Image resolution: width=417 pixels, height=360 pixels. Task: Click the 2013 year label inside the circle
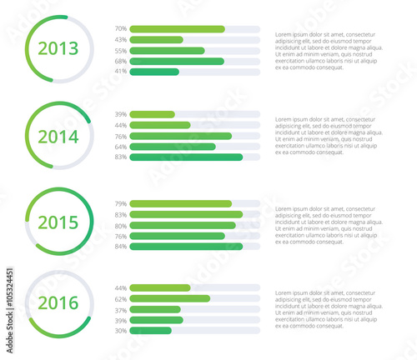click(58, 48)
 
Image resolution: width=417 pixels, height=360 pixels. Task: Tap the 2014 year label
click(58, 136)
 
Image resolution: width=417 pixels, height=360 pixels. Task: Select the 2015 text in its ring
click(58, 222)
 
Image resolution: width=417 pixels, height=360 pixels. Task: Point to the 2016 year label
click(58, 302)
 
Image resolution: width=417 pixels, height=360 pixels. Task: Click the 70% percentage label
click(121, 29)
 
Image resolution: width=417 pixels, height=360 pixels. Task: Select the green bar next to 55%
click(167, 51)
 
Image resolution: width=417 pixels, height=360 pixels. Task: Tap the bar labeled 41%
click(154, 72)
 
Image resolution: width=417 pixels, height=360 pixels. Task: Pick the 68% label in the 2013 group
click(121, 62)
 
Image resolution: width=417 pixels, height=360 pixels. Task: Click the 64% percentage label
click(121, 147)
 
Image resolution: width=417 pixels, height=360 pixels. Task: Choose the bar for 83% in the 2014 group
click(186, 157)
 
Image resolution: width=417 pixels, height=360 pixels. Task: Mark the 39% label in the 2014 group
click(121, 114)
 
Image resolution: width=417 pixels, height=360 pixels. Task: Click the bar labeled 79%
click(180, 204)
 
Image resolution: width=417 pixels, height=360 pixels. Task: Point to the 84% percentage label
click(121, 247)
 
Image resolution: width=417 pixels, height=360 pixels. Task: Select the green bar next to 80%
click(183, 225)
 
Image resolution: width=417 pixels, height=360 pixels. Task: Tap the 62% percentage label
click(121, 298)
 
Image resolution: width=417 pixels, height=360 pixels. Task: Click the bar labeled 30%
click(150, 330)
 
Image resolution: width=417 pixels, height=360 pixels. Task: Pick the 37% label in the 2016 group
click(121, 309)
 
